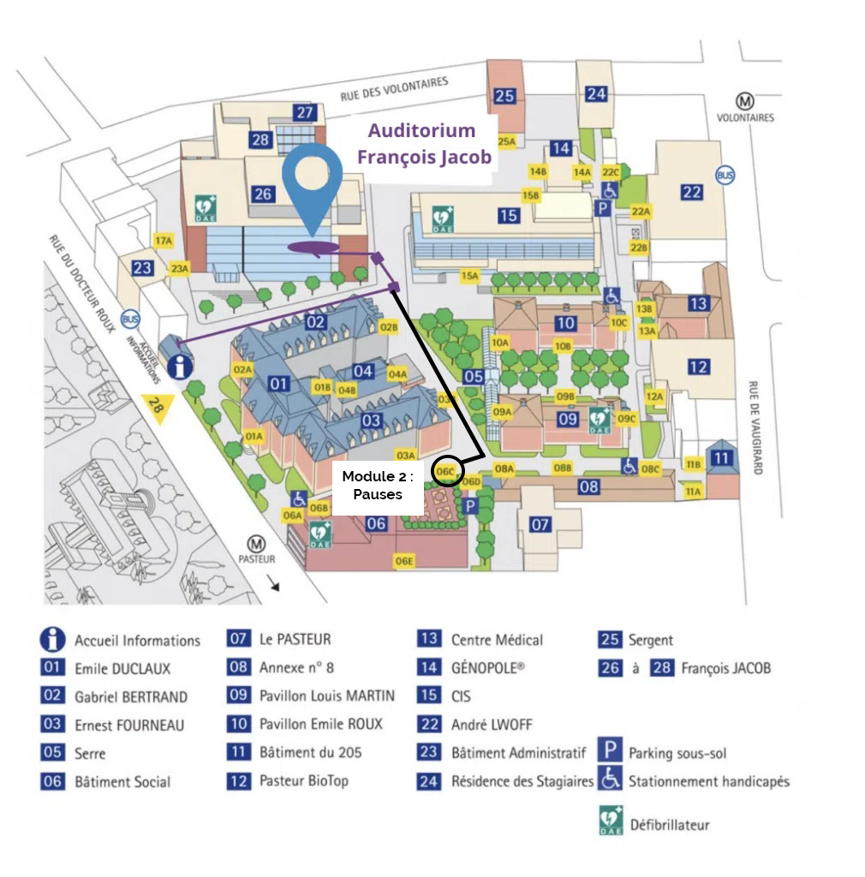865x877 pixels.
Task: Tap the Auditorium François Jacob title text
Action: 424,144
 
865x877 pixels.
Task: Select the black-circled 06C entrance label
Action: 446,471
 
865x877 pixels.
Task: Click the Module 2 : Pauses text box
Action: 378,486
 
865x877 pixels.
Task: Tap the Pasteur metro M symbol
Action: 255,543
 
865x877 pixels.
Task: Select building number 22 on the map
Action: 692,193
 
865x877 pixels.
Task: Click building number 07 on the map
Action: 540,524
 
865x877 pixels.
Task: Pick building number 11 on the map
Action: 722,458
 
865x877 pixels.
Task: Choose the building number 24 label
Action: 596,94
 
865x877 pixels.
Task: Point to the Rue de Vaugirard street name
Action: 755,427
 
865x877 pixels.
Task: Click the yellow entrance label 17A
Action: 163,241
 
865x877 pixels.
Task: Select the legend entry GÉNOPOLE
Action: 486,668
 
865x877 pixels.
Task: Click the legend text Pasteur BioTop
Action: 303,781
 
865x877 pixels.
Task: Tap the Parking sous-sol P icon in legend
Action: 610,753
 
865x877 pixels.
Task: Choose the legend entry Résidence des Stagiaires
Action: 522,781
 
